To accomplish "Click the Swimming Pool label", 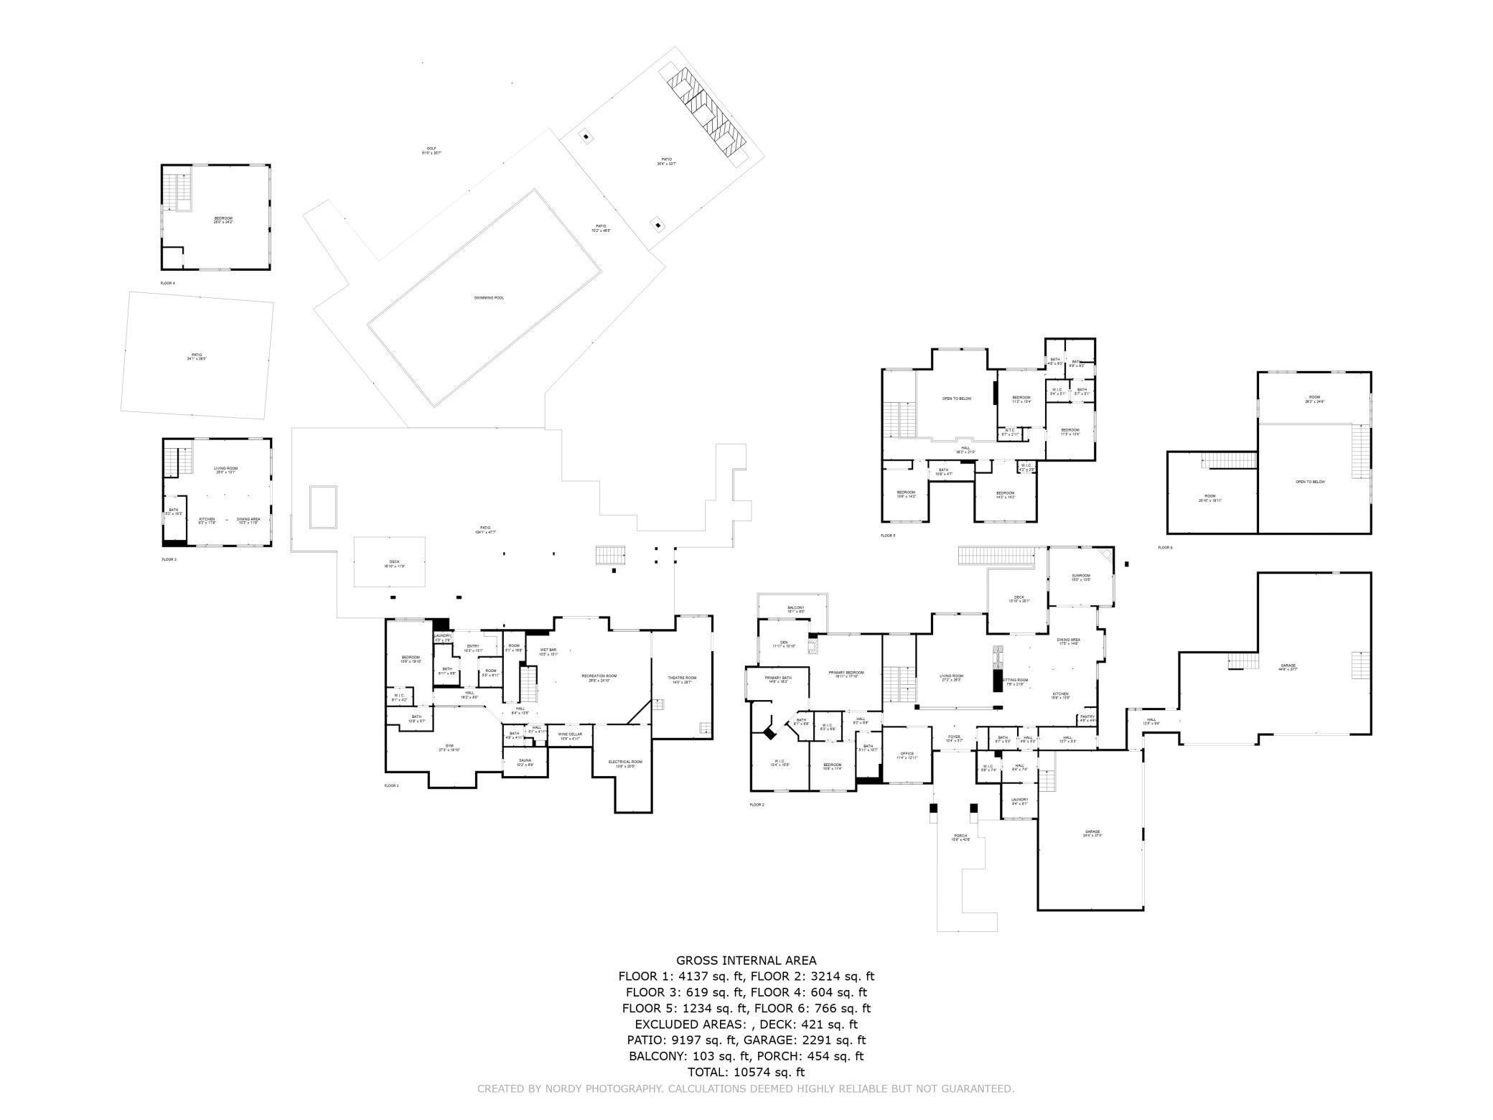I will pyautogui.click(x=489, y=297).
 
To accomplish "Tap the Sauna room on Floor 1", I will pyautogui.click(x=525, y=762).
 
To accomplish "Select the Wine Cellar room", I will pyautogui.click(x=570, y=735).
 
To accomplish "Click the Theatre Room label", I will pyautogui.click(x=682, y=679).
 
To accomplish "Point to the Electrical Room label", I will pyautogui.click(x=625, y=763).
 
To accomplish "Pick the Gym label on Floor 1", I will pyautogui.click(x=449, y=747).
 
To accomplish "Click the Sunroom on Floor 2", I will pyautogui.click(x=1081, y=577).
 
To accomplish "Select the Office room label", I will pyautogui.click(x=907, y=755).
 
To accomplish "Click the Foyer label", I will pyautogui.click(x=954, y=737).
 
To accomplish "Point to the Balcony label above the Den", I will pyautogui.click(x=796, y=609).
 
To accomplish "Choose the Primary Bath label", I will pyautogui.click(x=778, y=679).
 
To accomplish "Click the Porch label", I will pyautogui.click(x=960, y=837).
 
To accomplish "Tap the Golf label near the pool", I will pyautogui.click(x=431, y=150).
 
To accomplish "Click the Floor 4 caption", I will pyautogui.click(x=167, y=284).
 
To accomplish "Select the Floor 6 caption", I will pyautogui.click(x=1165, y=548).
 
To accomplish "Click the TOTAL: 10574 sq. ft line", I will pyautogui.click(x=746, y=1072).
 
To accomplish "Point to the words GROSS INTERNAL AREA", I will pyautogui.click(x=746, y=960).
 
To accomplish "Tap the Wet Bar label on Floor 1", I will pyautogui.click(x=548, y=651).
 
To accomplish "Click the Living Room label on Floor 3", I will pyautogui.click(x=225, y=470).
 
